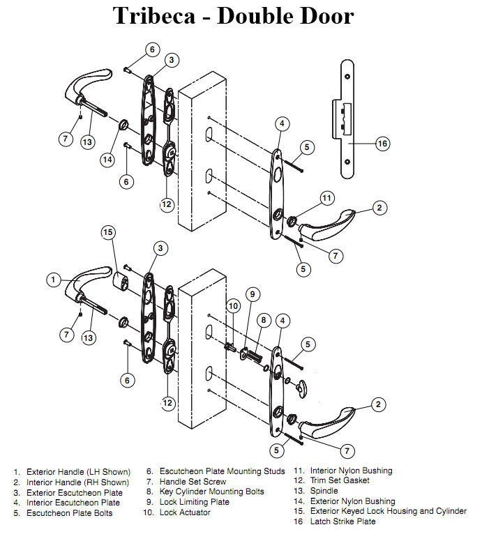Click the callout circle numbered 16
382,144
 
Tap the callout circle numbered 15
108,231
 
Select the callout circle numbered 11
328,199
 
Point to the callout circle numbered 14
107,159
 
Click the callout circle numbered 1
54,280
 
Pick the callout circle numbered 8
263,319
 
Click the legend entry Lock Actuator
185,512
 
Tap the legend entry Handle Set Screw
193,482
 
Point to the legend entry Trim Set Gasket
340,480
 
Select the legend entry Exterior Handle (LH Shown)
78,472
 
